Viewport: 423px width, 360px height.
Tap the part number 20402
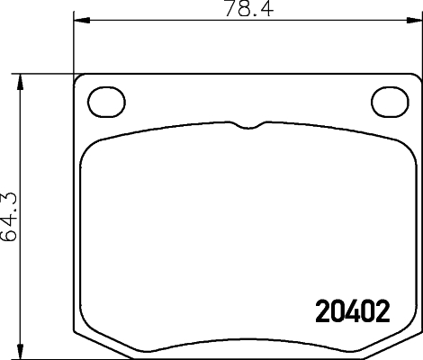coord(353,311)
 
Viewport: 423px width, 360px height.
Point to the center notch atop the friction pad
coord(247,126)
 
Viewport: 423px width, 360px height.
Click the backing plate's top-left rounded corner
coord(79,80)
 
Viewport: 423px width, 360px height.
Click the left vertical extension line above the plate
coord(73,45)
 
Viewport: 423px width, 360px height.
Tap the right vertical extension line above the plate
coord(420,45)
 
